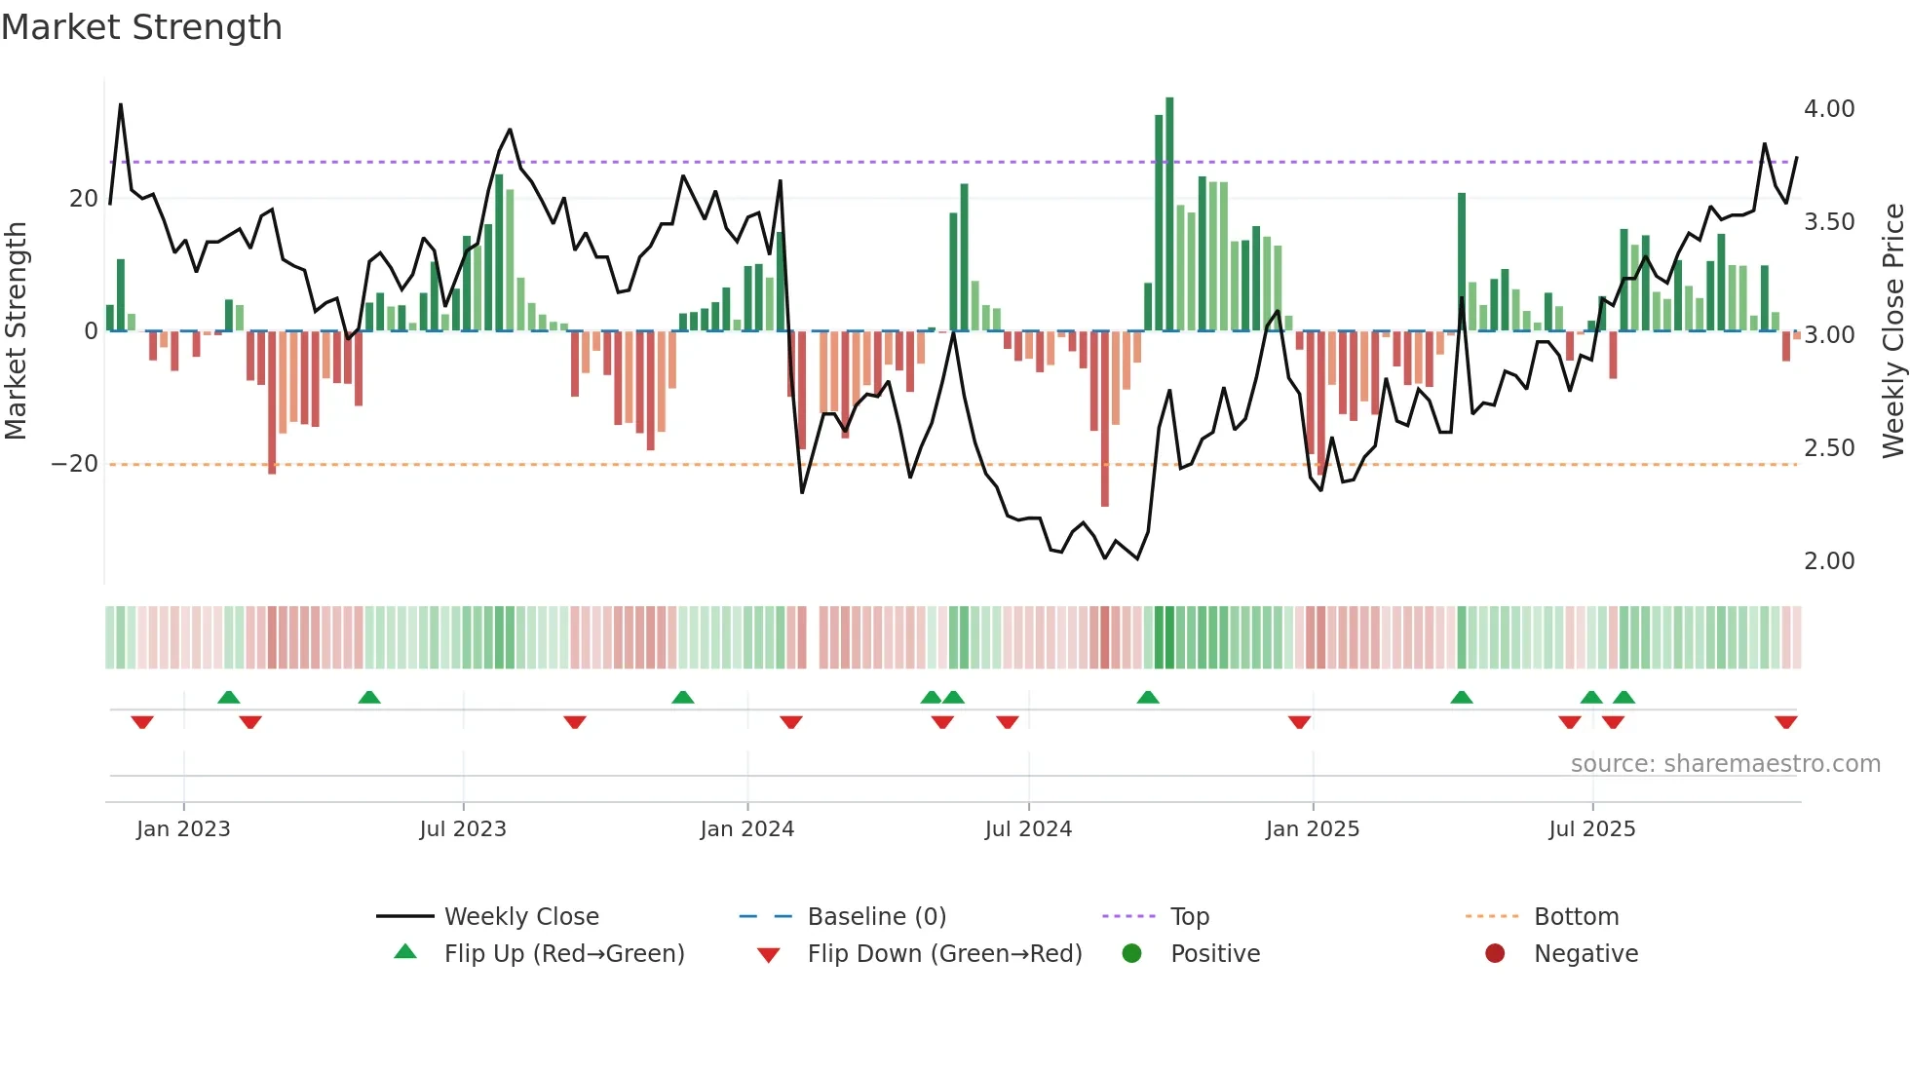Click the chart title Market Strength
(x=142, y=27)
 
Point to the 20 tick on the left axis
(x=84, y=199)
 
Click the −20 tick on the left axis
(x=75, y=464)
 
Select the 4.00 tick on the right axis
(x=1828, y=109)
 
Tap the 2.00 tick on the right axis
(x=1828, y=561)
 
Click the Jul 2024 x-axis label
(x=1028, y=829)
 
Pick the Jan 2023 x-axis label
(x=183, y=829)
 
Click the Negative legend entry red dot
(x=1495, y=954)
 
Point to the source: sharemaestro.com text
(x=1725, y=764)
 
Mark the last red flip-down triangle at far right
(x=1785, y=722)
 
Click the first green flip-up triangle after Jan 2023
(x=229, y=697)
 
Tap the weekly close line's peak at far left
(x=121, y=105)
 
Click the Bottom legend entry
(x=1575, y=917)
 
